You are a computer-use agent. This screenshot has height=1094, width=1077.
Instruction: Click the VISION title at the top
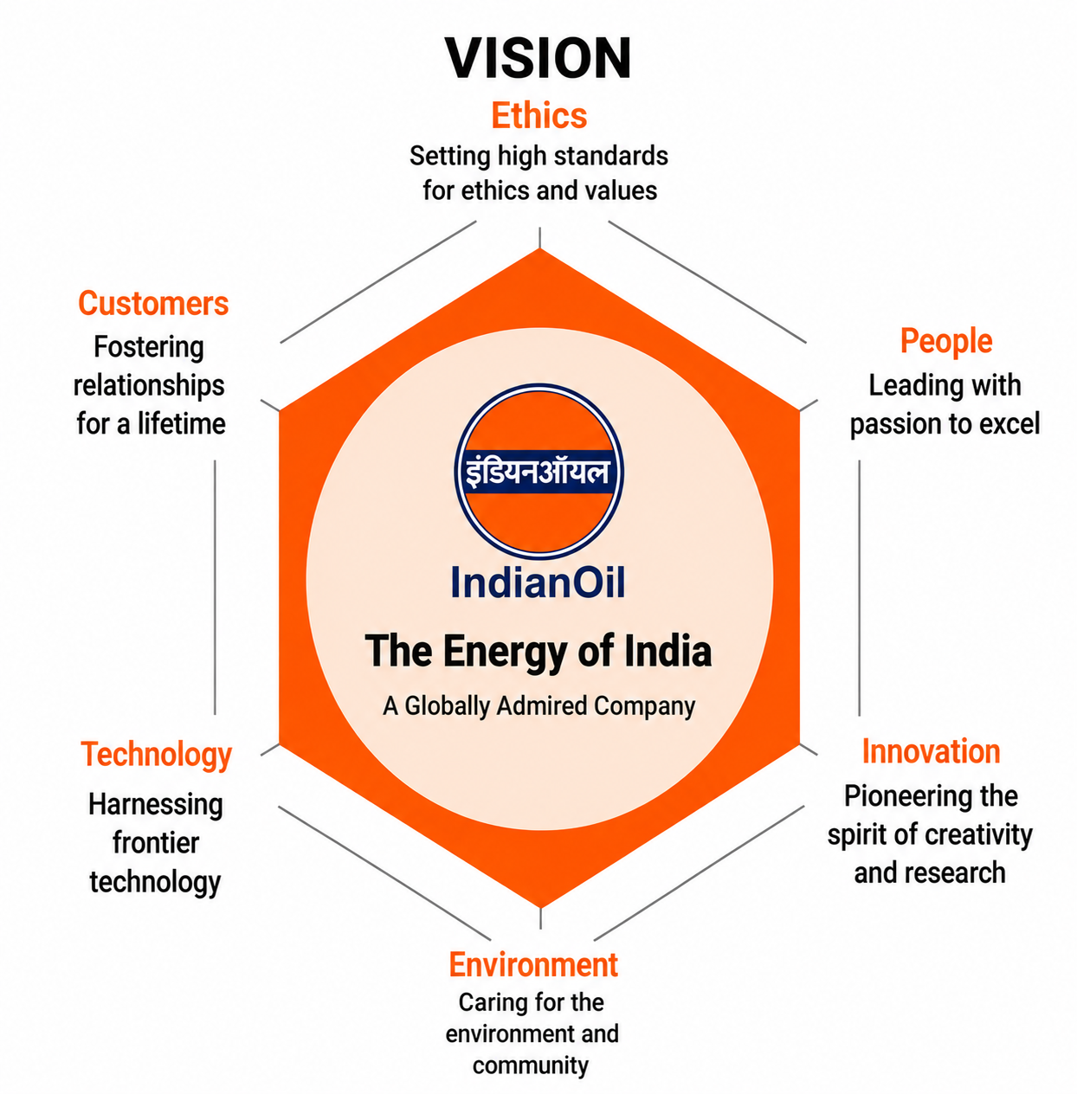(x=538, y=58)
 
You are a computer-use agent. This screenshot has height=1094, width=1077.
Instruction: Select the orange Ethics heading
(x=539, y=116)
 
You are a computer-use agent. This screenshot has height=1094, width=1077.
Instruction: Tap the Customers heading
(x=153, y=303)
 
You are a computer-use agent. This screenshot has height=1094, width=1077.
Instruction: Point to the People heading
(x=946, y=342)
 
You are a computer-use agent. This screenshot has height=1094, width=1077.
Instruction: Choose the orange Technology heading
(x=156, y=755)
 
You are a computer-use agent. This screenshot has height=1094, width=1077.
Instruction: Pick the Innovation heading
(x=931, y=751)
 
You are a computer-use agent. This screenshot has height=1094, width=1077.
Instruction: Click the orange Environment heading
(x=533, y=964)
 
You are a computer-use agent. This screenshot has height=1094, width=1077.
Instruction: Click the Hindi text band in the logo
(x=538, y=471)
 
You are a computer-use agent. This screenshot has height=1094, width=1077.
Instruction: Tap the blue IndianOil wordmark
(x=538, y=582)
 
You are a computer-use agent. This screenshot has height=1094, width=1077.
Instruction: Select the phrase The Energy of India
(x=538, y=651)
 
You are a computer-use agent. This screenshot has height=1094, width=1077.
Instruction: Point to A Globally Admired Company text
(x=539, y=706)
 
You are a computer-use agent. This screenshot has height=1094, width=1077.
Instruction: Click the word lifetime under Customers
(x=182, y=424)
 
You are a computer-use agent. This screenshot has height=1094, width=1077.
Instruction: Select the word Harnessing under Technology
(x=156, y=805)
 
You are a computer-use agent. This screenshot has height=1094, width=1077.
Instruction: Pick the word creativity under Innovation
(x=978, y=835)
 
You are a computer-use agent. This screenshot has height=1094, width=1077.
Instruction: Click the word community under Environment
(x=531, y=1065)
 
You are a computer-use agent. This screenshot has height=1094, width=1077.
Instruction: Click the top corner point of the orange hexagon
(x=539, y=249)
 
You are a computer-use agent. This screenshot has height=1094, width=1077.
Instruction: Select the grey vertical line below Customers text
(x=215, y=587)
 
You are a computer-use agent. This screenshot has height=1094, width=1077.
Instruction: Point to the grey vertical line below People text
(x=859, y=588)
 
